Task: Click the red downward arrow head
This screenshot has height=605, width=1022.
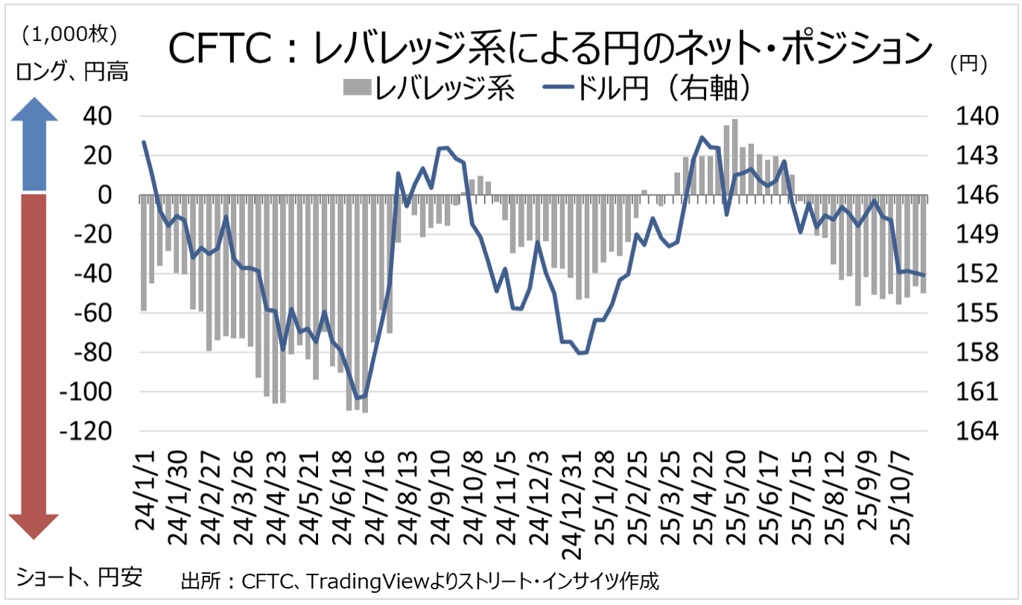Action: [x=34, y=525]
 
